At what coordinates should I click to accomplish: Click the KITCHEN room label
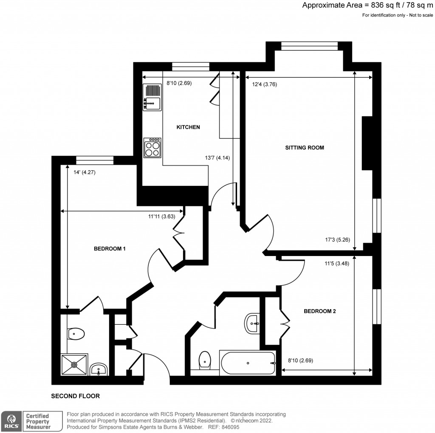(188, 127)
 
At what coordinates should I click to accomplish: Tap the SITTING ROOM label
(305, 148)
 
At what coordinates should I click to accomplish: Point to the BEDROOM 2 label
(319, 311)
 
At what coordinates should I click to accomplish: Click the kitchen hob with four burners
(152, 147)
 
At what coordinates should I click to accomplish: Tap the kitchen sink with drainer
(153, 97)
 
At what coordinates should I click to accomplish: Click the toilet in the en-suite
(76, 334)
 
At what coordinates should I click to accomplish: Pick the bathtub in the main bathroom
(248, 363)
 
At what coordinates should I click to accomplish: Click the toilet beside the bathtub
(205, 360)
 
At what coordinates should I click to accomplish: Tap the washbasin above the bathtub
(254, 324)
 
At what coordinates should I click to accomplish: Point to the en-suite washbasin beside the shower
(99, 369)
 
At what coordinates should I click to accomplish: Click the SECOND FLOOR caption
(75, 396)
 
